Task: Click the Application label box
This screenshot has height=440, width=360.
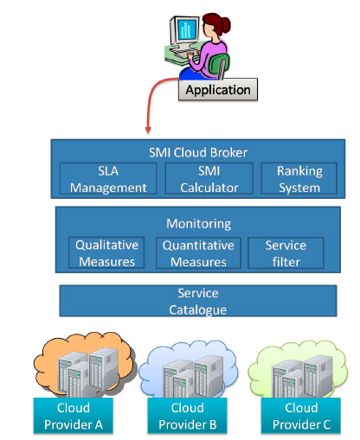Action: coord(218,89)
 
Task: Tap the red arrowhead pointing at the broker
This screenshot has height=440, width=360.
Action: coord(148,130)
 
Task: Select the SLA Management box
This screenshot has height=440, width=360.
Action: coord(108,179)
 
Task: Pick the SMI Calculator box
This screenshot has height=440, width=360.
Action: coord(209,179)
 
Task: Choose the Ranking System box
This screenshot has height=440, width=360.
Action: coord(299,179)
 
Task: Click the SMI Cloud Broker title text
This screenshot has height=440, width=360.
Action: coord(198,152)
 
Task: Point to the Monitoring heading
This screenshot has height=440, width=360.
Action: coord(199,224)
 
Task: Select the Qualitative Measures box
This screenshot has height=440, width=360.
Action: coord(106,252)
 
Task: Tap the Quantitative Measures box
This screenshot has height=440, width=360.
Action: coord(198,253)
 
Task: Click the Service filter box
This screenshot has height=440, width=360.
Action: coord(286,253)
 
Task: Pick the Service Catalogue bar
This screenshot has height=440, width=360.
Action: coord(198,301)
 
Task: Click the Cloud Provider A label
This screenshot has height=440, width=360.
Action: coord(74,416)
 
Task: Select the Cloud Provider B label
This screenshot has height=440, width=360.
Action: coord(188,416)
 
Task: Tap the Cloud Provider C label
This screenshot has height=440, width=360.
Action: coord(301,416)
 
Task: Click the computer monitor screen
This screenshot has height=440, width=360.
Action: coord(187,29)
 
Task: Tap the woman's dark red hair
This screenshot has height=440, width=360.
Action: coord(217,22)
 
